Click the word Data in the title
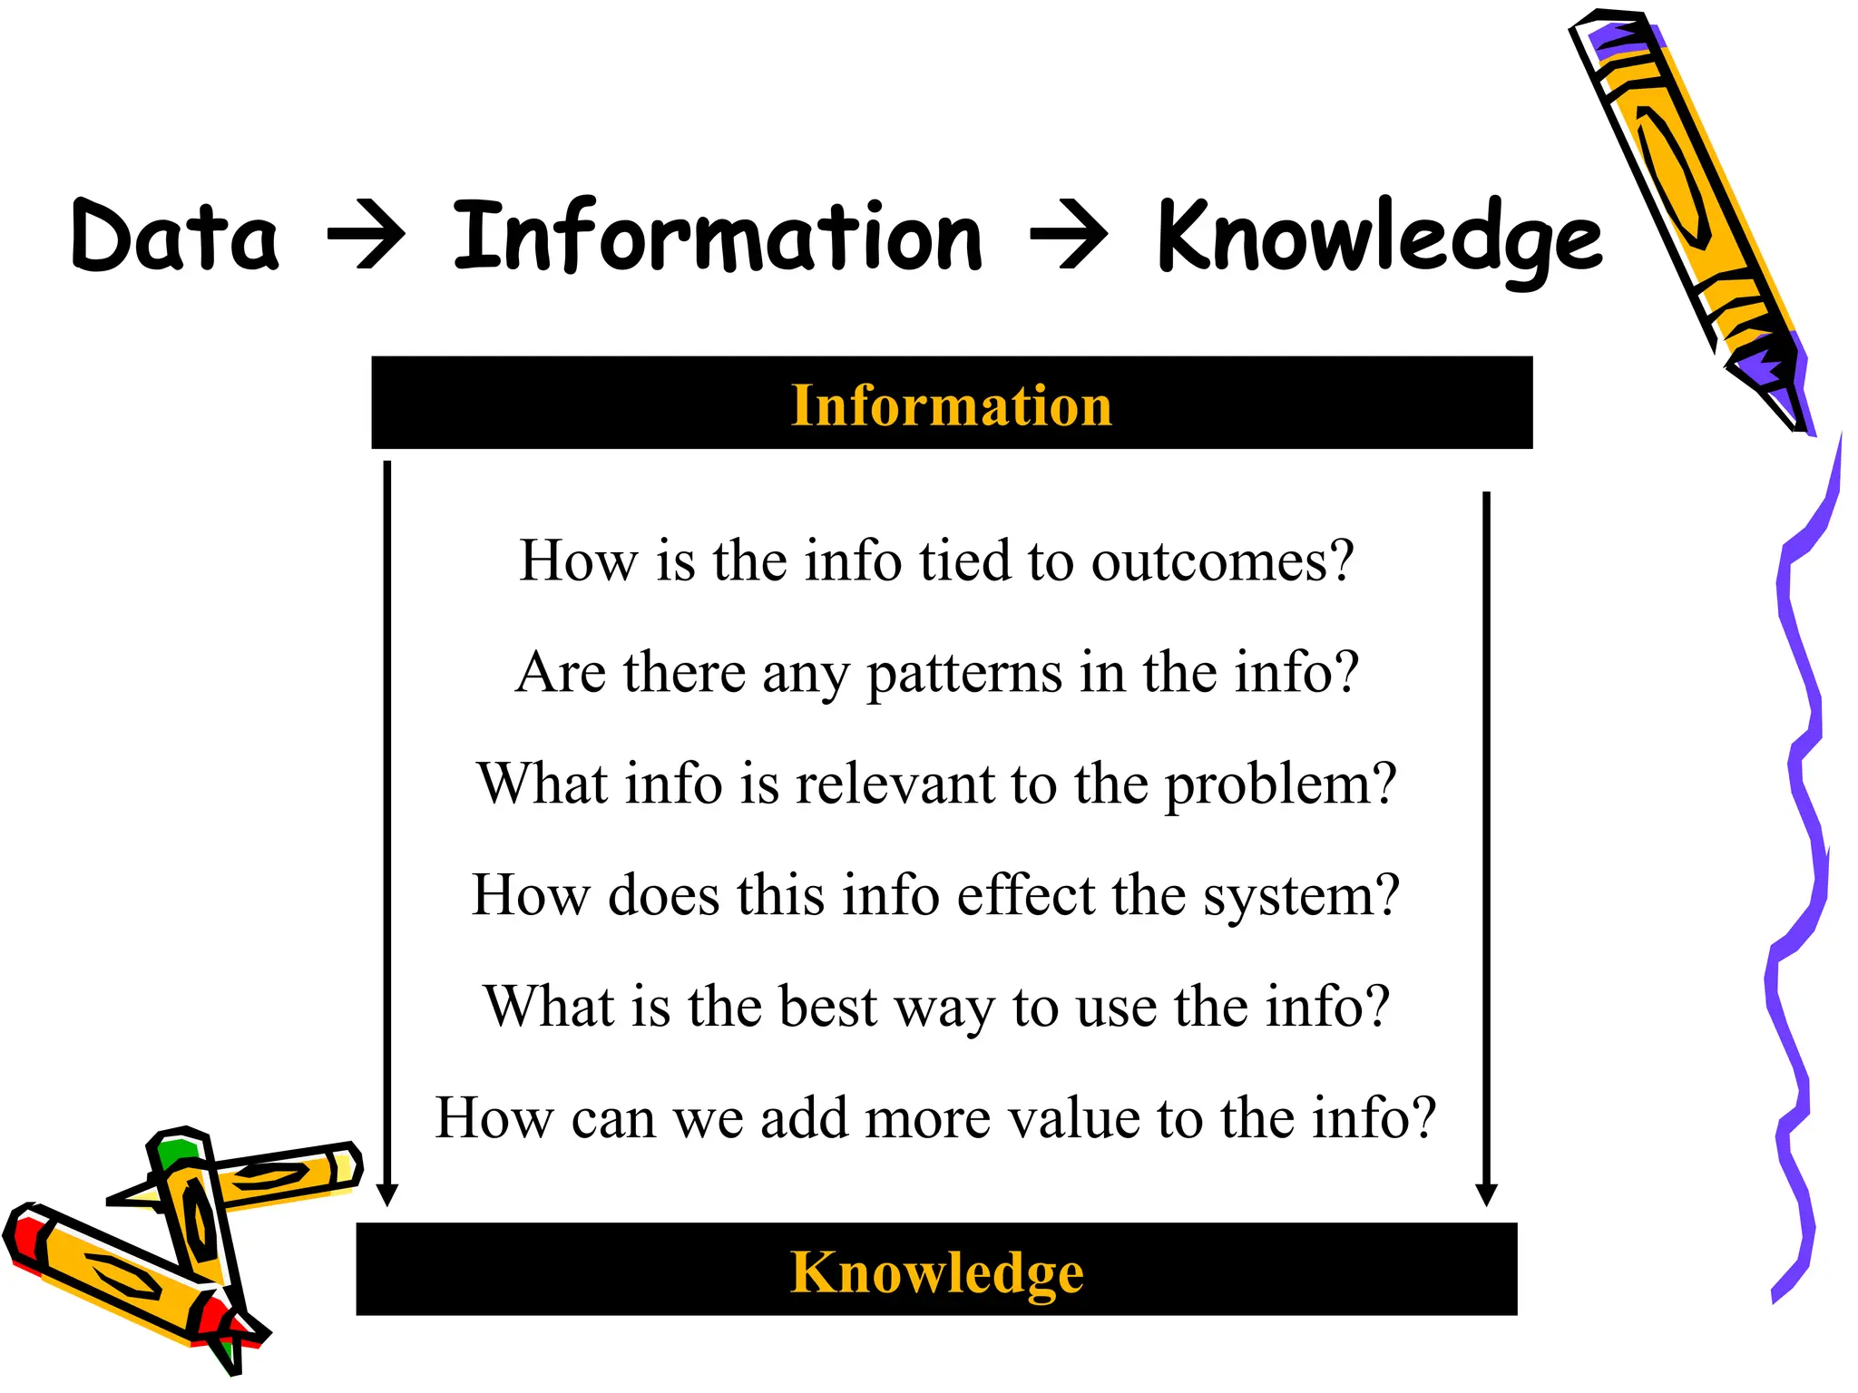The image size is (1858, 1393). tap(174, 237)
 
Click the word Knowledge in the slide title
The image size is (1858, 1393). tap(1379, 238)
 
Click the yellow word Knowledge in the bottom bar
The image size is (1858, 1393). tap(936, 1271)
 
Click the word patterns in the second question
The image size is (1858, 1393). tap(963, 673)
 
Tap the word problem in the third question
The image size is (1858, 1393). tap(1279, 785)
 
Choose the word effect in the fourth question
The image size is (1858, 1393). tap(1025, 895)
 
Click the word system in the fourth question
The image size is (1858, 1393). tap(1301, 897)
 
